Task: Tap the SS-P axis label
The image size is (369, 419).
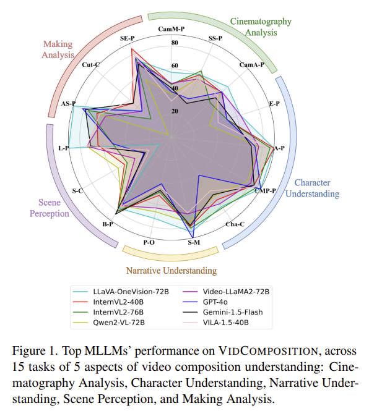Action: [215, 38]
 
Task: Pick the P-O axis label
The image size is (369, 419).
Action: [149, 243]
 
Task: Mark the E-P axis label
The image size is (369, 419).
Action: [274, 103]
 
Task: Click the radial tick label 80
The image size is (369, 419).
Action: [174, 43]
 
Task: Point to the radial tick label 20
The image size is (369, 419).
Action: [174, 111]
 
